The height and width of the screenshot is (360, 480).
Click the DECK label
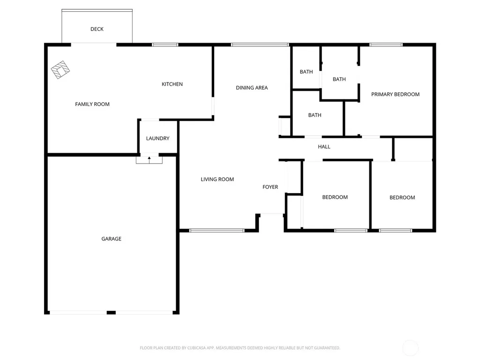coord(97,29)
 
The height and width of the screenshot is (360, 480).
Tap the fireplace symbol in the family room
coord(60,70)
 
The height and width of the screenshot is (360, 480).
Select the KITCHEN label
coord(172,84)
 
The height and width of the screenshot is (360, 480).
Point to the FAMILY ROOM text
coord(92,104)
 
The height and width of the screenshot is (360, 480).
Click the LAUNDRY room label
coord(157,138)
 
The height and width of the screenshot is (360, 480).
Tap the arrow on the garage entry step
coord(150,159)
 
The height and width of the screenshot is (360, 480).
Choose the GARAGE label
coord(112,239)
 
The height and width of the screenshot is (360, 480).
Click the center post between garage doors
coord(111,313)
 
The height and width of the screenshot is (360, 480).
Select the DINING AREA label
coord(252,88)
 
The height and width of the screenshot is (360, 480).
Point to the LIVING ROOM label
coord(217,180)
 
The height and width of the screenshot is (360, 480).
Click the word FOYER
coord(270,187)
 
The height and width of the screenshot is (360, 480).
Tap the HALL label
coord(324,147)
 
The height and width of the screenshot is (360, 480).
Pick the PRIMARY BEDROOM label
coord(395,94)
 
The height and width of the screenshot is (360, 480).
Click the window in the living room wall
coord(217,231)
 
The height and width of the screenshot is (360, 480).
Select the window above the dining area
coord(260,45)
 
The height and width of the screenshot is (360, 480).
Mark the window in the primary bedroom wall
coord(386,45)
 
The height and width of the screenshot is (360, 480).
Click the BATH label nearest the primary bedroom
coord(339,79)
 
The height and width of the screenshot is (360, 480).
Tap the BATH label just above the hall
coord(315,115)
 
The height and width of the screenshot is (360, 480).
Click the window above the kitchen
coord(165,45)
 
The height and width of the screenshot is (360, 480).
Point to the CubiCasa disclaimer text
coord(240,348)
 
